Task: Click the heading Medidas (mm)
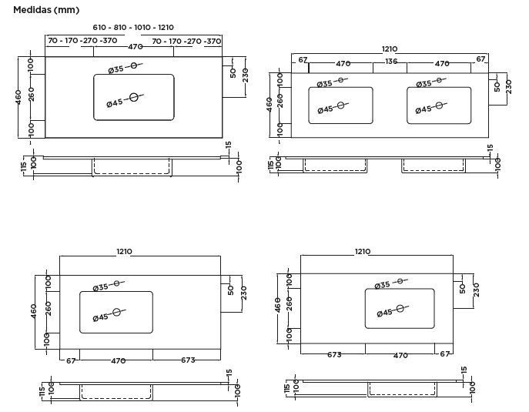[x=46, y=10]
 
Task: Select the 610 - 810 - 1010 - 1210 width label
[x=133, y=27]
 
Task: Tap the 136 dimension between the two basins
[x=390, y=62]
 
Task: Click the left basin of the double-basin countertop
[x=341, y=106]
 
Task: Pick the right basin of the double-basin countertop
[x=439, y=106]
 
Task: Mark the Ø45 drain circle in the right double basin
[x=439, y=106]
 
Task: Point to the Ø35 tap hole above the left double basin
[x=341, y=80]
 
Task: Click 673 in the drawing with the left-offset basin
[x=188, y=360]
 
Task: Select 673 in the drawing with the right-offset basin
[x=334, y=355]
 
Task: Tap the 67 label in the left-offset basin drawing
[x=71, y=360]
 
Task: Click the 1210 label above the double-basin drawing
[x=390, y=49]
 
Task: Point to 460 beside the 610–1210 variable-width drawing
[x=19, y=97]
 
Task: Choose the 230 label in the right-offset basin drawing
[x=476, y=290]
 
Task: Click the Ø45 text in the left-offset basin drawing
[x=101, y=317]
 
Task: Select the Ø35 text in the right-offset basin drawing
[x=382, y=286]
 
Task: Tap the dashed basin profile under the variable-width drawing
[x=132, y=166]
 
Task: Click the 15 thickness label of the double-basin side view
[x=490, y=148]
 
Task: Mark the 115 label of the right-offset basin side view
[x=287, y=389]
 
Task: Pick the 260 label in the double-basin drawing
[x=280, y=101]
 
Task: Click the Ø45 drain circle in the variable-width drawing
[x=134, y=97]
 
